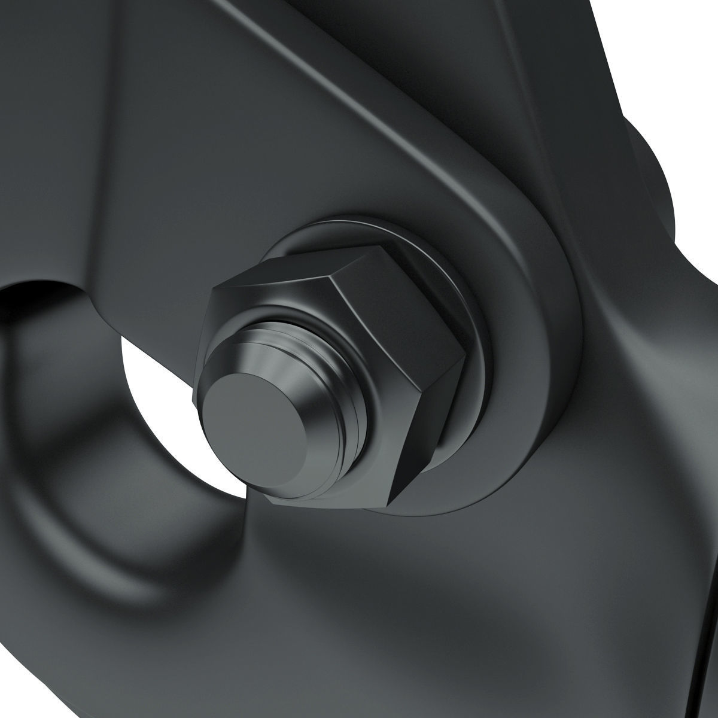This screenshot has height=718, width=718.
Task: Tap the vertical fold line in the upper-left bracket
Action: pos(102,150)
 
